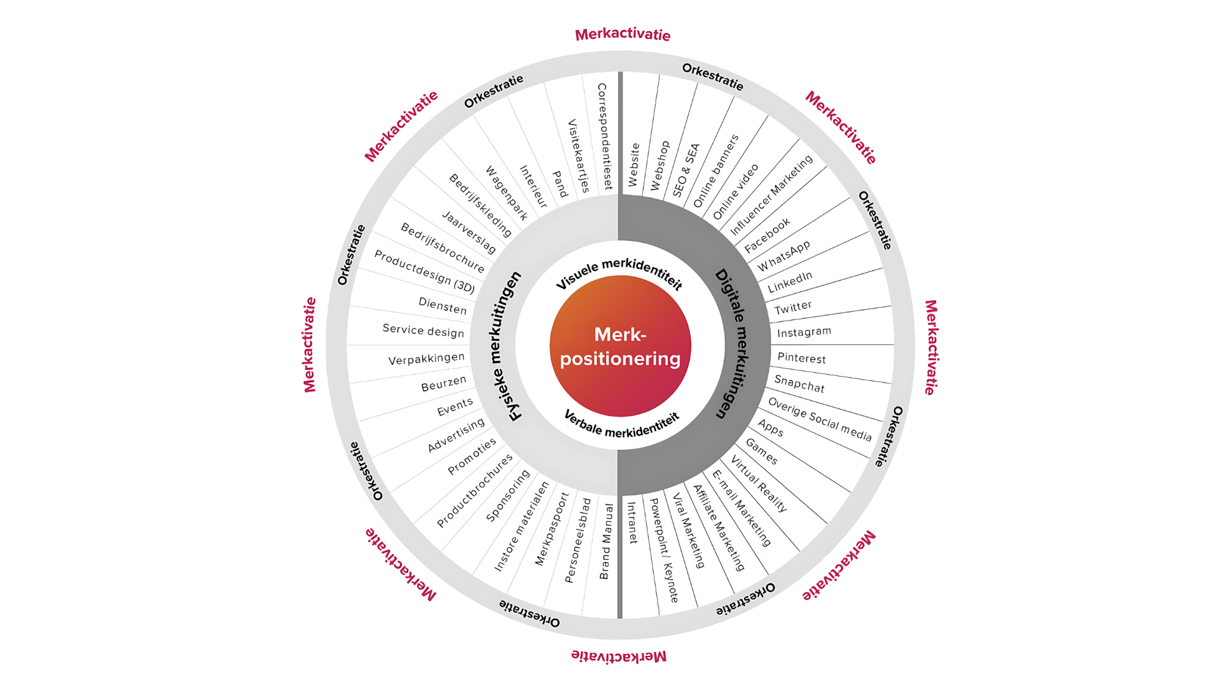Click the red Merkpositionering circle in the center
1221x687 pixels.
620,346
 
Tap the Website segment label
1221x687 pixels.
633,165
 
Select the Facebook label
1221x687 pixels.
767,235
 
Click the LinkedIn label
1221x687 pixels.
790,282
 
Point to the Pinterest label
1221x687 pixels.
801,358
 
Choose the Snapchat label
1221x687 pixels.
799,384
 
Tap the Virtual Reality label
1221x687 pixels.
759,483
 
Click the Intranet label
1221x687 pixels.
632,523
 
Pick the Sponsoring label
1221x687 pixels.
507,496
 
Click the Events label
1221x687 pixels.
455,407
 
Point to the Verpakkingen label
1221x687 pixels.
427,359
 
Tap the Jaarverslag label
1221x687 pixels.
469,233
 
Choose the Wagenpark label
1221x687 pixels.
506,193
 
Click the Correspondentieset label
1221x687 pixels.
605,136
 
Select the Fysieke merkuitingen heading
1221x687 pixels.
507,346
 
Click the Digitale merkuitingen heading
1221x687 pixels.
732,343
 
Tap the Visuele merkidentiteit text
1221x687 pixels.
619,274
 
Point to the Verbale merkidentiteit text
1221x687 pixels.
621,424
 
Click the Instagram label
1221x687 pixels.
804,332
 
